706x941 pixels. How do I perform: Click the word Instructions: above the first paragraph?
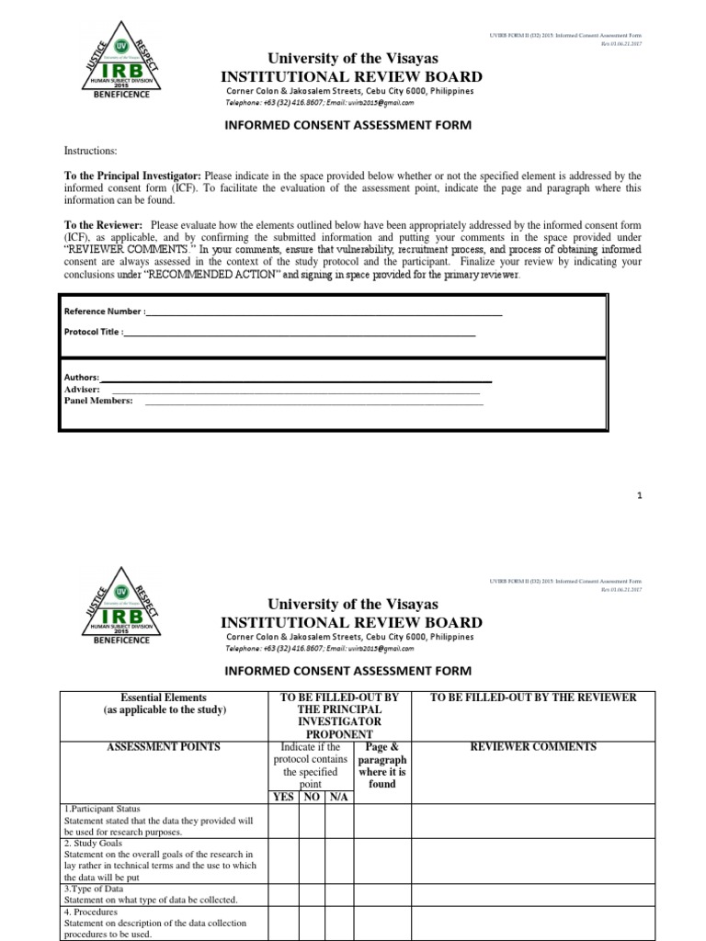point(90,151)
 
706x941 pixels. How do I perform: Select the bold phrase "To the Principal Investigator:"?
point(132,176)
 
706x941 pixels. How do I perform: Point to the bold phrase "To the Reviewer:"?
point(102,225)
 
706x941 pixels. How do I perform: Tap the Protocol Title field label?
point(92,332)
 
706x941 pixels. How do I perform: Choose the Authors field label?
point(81,378)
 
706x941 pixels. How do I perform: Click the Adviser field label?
point(82,389)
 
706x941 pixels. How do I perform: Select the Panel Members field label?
point(97,401)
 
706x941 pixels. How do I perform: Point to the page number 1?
point(639,495)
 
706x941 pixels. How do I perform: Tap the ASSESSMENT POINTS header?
point(164,747)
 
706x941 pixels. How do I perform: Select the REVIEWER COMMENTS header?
point(532,747)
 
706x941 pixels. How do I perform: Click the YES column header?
point(284,797)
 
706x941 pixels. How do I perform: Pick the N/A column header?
point(339,797)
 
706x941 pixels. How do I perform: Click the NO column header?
point(312,797)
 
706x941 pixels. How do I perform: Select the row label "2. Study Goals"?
point(97,843)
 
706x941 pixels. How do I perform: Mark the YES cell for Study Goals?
point(284,860)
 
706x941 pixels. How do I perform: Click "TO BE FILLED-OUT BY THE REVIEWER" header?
point(532,697)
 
